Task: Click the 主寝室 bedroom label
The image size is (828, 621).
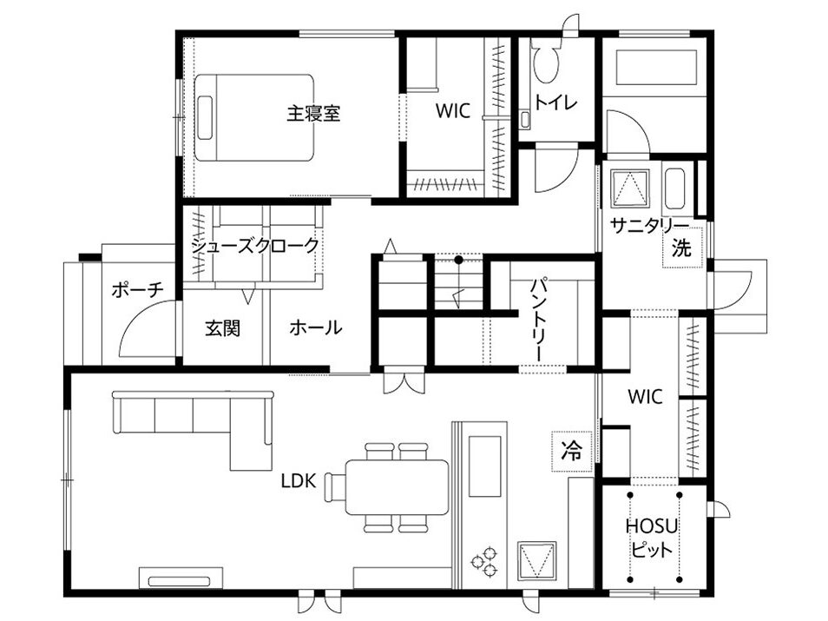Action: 313,113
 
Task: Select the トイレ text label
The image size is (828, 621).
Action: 556,102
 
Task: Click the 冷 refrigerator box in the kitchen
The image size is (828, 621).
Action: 571,451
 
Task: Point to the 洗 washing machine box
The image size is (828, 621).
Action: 683,248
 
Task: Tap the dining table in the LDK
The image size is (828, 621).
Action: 398,486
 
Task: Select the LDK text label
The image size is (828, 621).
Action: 299,480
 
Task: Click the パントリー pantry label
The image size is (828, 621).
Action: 540,320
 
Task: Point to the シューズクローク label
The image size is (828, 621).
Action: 255,246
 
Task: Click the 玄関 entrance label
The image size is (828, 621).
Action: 222,328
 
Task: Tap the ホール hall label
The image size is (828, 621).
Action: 316,327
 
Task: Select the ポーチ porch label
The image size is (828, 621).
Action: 138,289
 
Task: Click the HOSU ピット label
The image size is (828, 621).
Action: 652,538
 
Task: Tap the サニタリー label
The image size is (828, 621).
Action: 649,226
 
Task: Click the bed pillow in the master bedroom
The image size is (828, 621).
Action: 205,117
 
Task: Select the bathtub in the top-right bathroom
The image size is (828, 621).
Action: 657,67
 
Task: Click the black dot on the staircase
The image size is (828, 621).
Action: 459,260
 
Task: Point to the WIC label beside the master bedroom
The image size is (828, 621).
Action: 452,111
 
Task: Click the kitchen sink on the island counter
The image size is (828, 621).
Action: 485,466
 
